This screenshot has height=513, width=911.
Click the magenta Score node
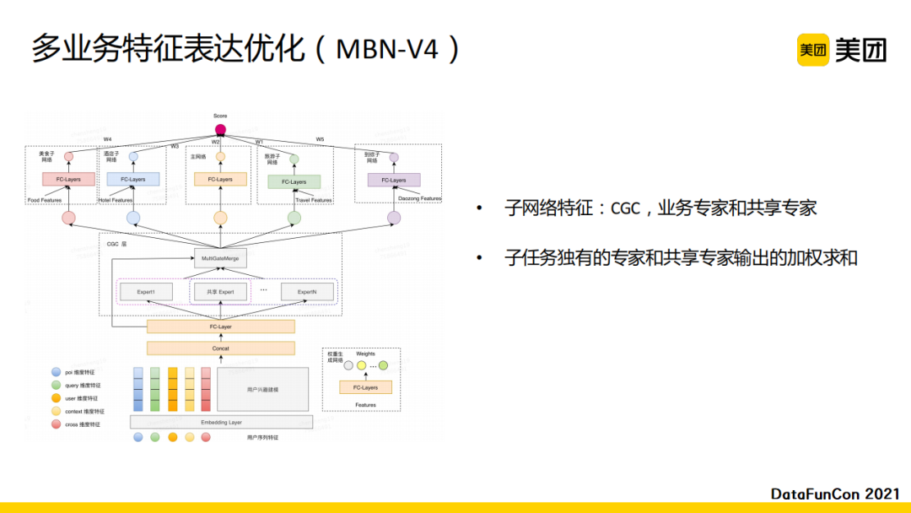point(220,129)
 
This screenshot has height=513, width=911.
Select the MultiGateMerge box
point(220,258)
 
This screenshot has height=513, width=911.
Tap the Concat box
point(220,348)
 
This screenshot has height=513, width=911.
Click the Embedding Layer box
point(221,422)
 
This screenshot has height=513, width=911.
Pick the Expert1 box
point(145,291)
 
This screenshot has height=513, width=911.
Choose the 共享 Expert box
point(221,291)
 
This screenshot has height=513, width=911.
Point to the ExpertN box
point(306,291)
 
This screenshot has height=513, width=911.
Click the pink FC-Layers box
point(68,180)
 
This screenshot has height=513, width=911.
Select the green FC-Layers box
point(294,181)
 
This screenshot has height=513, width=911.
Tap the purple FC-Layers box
point(393,180)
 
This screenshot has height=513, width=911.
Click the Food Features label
point(45,200)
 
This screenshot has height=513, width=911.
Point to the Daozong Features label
point(419,199)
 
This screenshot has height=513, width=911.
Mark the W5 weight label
point(320,139)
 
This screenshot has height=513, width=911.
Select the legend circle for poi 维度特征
point(56,371)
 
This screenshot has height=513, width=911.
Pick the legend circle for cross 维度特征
point(56,424)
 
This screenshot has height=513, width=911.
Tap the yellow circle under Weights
point(362,365)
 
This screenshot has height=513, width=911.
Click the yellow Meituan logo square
point(813,50)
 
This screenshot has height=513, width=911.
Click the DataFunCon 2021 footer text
point(835,494)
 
